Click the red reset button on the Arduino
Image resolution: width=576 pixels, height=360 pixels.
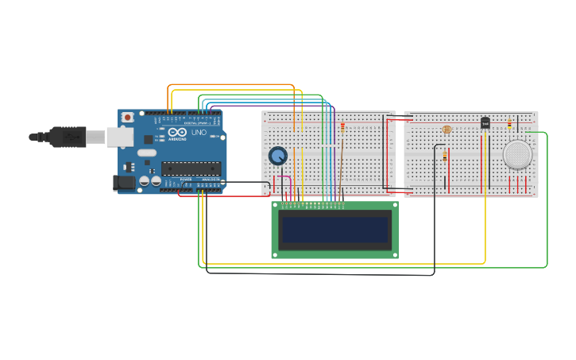pyautogui.click(x=127, y=118)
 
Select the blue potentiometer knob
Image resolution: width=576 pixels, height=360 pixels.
pyautogui.click(x=277, y=156)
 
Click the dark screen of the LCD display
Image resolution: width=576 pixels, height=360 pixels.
pyautogui.click(x=334, y=230)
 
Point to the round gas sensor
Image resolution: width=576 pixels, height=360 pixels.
pyautogui.click(x=518, y=154)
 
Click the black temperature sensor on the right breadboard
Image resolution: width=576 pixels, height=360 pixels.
pyautogui.click(x=485, y=122)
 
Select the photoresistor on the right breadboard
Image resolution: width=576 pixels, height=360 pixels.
pyautogui.click(x=446, y=129)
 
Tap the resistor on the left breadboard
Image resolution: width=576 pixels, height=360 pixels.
pyautogui.click(x=342, y=126)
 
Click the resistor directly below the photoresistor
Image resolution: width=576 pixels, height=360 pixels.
pyautogui.click(x=444, y=157)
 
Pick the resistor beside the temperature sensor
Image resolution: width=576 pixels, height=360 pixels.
pyautogui.click(x=509, y=123)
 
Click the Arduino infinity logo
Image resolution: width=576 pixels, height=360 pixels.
pyautogui.click(x=176, y=132)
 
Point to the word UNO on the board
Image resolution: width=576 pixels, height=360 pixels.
pyautogui.click(x=198, y=132)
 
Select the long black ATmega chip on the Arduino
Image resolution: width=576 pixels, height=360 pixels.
pyautogui.click(x=191, y=168)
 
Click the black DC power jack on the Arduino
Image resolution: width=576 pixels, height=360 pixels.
pyautogui.click(x=124, y=182)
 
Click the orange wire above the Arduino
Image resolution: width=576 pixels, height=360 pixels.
pyautogui.click(x=230, y=85)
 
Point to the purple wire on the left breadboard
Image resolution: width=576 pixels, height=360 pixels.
pyautogui.click(x=334, y=151)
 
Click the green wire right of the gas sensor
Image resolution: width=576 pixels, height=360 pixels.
pyautogui.click(x=547, y=199)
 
